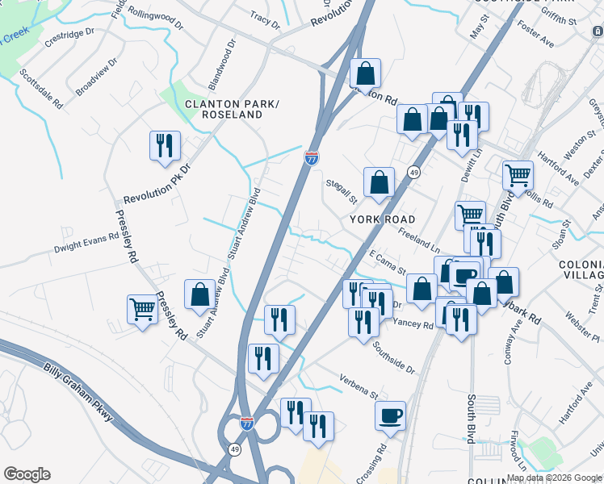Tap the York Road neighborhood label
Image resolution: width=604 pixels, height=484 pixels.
tap(382, 219)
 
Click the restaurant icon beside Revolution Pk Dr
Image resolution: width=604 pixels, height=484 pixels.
tap(165, 146)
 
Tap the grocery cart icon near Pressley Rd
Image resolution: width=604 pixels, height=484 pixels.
tap(142, 309)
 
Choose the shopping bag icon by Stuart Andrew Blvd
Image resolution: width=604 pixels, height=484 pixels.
tap(199, 294)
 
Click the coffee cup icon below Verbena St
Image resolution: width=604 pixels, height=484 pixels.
tap(391, 415)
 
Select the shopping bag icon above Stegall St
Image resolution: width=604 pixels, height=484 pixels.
tap(379, 182)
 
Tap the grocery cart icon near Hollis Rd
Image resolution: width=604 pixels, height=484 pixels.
tap(517, 174)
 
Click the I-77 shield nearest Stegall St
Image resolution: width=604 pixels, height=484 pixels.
tap(312, 157)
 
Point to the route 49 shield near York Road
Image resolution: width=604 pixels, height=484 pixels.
tap(413, 173)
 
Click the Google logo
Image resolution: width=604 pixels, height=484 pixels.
tap(27, 474)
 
